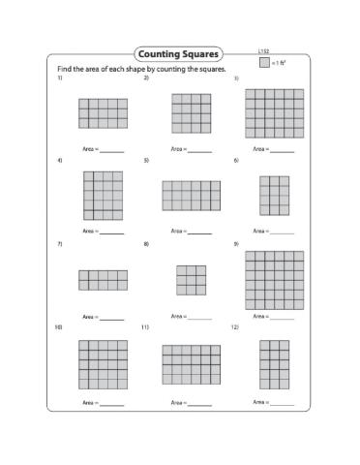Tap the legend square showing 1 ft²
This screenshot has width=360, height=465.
point(264,63)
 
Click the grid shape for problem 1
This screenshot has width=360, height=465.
point(103,113)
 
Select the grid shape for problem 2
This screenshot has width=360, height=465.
point(191,112)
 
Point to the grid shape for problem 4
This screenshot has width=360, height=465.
point(103,198)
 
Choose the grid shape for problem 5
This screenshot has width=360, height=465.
point(191,196)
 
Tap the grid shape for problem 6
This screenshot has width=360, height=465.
point(274,196)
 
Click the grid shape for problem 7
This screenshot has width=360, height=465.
point(103,280)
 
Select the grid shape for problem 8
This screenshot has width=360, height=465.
point(191,280)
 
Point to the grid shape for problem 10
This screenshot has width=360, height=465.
point(103,364)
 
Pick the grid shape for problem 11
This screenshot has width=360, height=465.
point(191,364)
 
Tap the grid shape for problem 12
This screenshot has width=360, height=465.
point(274,364)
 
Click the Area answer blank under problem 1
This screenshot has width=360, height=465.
point(112,151)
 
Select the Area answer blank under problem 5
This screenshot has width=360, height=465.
point(199,232)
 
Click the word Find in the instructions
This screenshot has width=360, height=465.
point(64,71)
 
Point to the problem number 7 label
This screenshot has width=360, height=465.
point(59,244)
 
